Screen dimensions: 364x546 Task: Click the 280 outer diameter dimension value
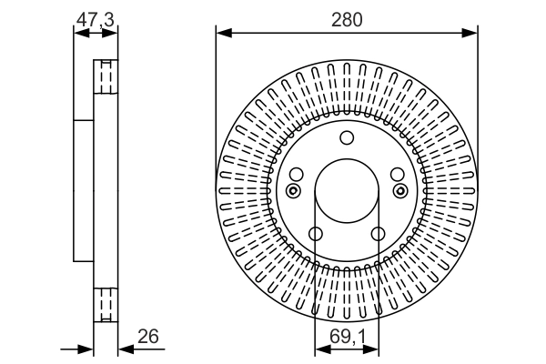click(x=347, y=20)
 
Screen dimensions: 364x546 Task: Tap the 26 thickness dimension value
click(x=147, y=337)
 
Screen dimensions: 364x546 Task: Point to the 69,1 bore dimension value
click(x=346, y=337)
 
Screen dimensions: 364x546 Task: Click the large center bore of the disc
click(x=346, y=190)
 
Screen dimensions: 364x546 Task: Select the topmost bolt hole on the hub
click(x=346, y=138)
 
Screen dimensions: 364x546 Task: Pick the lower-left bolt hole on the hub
click(x=315, y=234)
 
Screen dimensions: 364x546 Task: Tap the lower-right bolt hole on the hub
click(x=378, y=234)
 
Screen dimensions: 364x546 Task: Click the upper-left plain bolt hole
click(x=297, y=174)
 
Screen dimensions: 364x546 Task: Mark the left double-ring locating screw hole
click(x=292, y=190)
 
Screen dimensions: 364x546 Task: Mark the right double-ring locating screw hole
click(x=400, y=190)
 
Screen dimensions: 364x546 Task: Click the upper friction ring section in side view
click(x=106, y=77)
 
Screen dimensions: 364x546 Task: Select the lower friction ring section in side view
click(x=106, y=304)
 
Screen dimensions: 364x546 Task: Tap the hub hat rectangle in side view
click(x=84, y=190)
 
